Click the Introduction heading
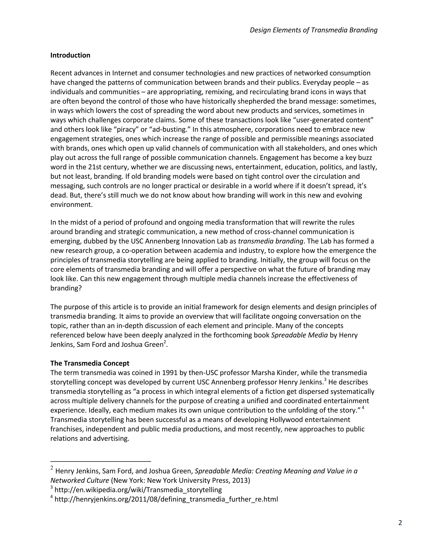point(70,55)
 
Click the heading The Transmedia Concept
point(90,363)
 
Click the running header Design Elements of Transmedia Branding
point(314,30)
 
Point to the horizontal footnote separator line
point(101,461)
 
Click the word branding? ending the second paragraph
point(66,288)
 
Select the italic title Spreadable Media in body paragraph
point(299,335)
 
